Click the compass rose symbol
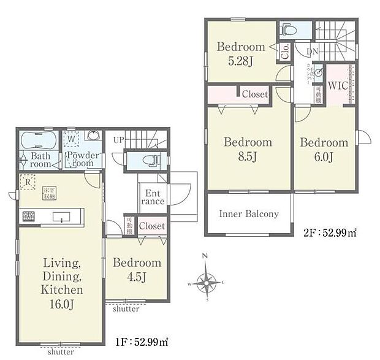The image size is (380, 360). pos(208,283)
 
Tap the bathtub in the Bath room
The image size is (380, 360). pos(38,140)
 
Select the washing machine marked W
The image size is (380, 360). pos(72,139)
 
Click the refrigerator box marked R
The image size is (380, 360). pos(26,182)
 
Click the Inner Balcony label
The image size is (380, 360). pos(248,214)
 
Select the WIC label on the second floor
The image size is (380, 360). pos(338,86)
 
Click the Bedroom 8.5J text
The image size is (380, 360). pos(247,149)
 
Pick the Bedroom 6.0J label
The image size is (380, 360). pos(324,150)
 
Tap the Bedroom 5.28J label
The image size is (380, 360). pos(241,53)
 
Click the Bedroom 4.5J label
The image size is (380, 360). pos(137,270)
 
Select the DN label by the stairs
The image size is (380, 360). pos(313,52)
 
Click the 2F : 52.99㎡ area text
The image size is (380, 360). pos(330,232)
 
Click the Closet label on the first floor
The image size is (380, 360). pos(151,226)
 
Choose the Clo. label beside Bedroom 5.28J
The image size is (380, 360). pos(285,52)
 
